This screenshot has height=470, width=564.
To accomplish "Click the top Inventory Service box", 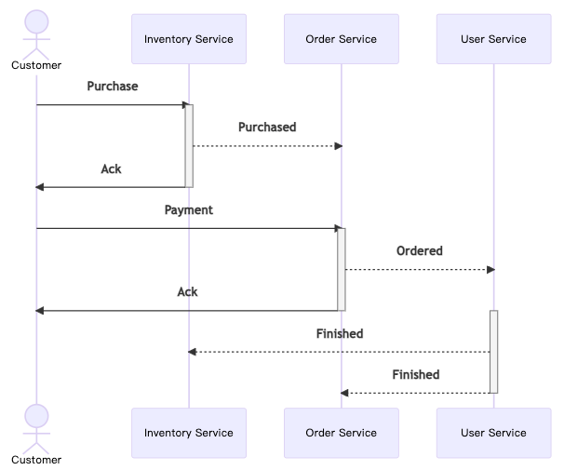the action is coord(189,39).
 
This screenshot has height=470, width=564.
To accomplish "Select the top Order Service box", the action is coord(342,39).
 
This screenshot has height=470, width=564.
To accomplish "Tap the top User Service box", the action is coord(494,39).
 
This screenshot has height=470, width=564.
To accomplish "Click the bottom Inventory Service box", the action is coord(189,433).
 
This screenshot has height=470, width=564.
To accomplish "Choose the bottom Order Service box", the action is coord(342,433).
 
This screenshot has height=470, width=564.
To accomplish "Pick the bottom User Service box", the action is coord(494,433).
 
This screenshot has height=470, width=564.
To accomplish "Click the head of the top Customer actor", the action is coord(36,22).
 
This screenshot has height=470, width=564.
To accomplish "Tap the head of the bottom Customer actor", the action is coord(36,416).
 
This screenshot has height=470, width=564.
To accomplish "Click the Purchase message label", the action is coord(113,87).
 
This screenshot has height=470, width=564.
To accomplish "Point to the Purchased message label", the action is coord(267,127).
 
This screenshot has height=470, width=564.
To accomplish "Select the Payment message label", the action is coord(189,210).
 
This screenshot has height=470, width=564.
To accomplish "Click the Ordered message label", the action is coord(420,250).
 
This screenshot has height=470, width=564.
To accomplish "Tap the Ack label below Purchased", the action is coord(111,169).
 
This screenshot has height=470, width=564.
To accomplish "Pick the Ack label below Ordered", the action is coord(187,292).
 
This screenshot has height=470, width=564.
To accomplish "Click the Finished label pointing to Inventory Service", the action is coord(340,334).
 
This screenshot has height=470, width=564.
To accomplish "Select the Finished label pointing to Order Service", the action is coord(416,375).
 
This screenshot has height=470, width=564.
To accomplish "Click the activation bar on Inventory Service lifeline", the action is coord(189,146).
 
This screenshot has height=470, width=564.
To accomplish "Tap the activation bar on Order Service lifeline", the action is coord(342,269).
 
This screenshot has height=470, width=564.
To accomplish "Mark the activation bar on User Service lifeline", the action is coord(494,352).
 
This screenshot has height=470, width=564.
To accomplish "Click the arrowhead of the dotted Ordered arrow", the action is coord(491,270).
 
